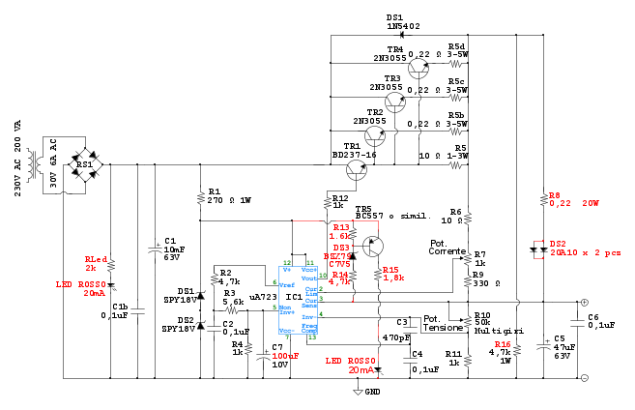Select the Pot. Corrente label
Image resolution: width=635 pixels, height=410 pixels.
click(448, 246)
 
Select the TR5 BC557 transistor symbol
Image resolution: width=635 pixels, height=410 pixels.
click(368, 246)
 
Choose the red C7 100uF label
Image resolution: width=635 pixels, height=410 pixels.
click(285, 352)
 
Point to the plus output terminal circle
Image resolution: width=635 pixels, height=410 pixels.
click(584, 302)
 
